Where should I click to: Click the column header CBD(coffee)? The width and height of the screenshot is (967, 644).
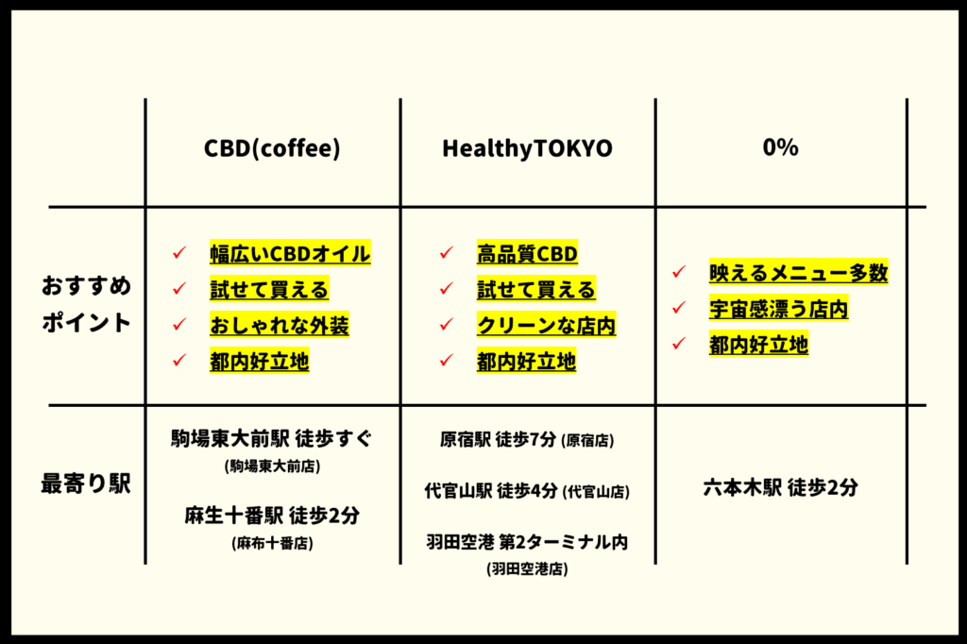tap(272, 148)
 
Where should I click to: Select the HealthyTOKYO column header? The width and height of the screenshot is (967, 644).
tap(527, 148)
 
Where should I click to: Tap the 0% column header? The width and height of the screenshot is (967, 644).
tap(780, 146)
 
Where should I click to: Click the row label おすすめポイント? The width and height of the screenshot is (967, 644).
tap(86, 303)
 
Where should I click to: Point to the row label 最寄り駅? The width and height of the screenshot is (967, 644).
tap(86, 483)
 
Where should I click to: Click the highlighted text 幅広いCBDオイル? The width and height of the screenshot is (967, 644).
tap(290, 253)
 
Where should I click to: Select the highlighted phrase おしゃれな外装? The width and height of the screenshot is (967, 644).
tap(280, 325)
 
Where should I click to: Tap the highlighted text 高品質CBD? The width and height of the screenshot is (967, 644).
tap(527, 253)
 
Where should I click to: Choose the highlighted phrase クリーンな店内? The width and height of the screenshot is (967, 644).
tap(547, 325)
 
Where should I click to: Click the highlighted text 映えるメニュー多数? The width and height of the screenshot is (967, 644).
tap(799, 273)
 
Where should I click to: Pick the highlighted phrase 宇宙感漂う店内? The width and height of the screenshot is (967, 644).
tap(778, 309)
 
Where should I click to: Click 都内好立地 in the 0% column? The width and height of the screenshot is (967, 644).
tap(758, 345)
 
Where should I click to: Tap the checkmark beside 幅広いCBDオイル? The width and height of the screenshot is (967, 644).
tap(179, 252)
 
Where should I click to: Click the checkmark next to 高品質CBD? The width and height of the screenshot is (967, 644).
tap(447, 252)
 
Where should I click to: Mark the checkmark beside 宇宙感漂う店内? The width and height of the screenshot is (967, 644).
tap(679, 307)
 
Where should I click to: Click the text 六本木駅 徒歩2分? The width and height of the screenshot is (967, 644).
tap(780, 487)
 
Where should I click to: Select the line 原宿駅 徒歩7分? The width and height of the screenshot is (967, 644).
tap(498, 439)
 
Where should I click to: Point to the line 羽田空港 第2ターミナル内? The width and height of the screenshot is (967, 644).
tap(527, 542)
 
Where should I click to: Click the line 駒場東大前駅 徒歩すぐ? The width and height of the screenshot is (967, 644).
tap(272, 438)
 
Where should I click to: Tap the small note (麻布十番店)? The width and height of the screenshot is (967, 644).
tap(273, 544)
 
